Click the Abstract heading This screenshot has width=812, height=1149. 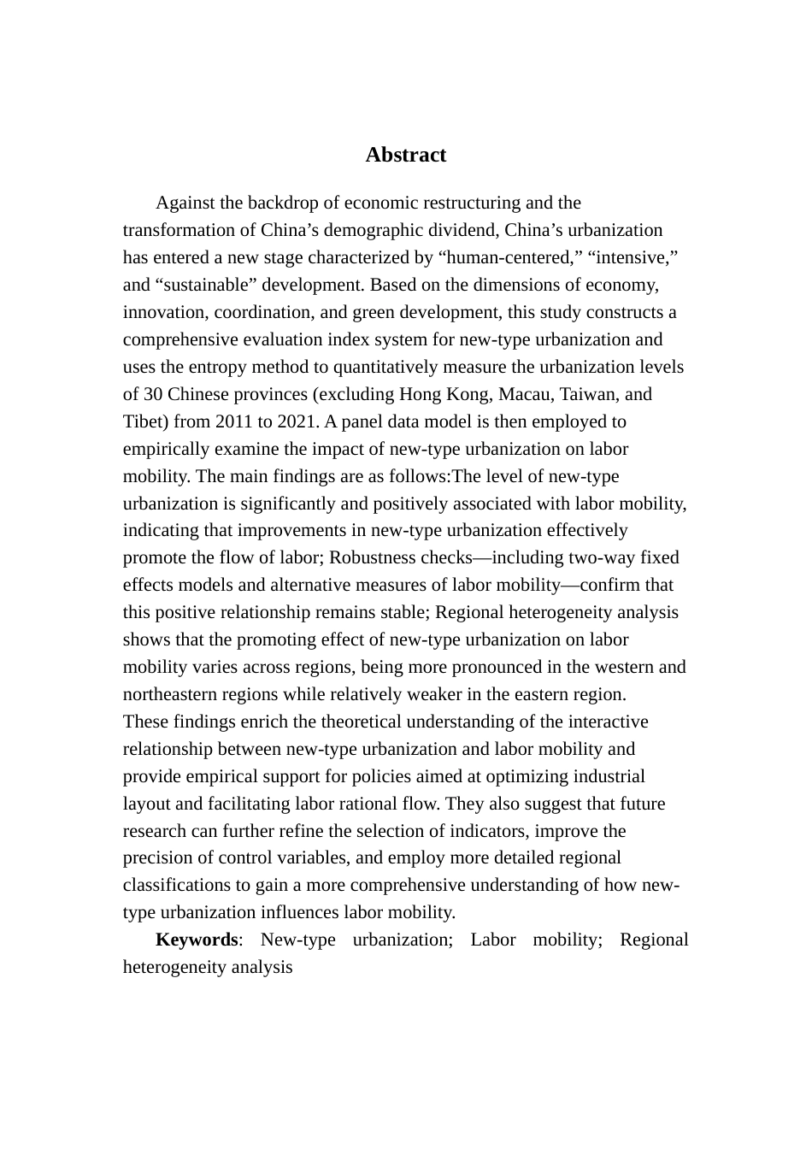(x=405, y=155)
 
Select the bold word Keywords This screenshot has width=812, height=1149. (x=197, y=940)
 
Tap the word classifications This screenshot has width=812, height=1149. (x=174, y=885)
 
